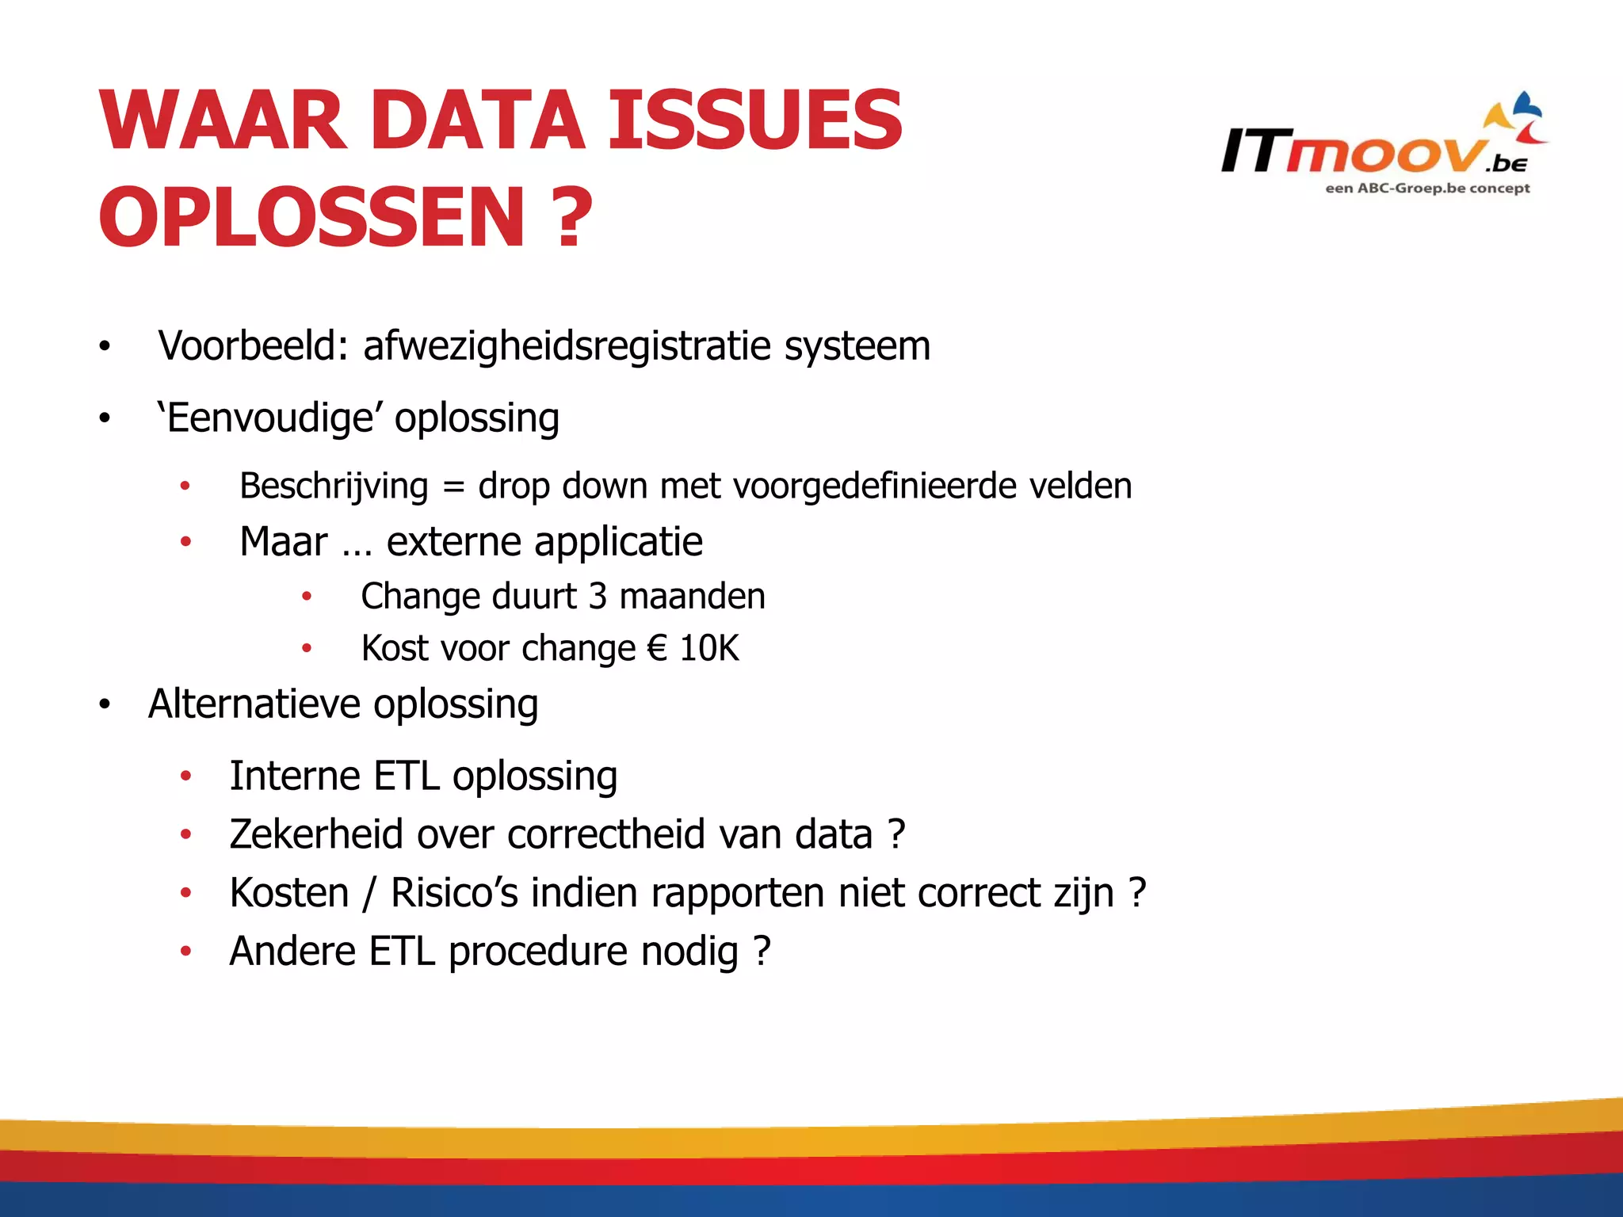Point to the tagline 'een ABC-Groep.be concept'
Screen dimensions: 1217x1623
1427,189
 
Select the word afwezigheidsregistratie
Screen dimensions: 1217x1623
567,346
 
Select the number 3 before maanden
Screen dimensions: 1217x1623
598,597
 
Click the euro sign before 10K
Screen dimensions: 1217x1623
657,648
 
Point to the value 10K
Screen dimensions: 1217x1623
709,648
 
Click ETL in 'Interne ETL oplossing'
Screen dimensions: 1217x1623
406,776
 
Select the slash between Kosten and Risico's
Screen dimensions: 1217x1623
369,894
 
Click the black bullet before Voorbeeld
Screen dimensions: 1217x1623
105,347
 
